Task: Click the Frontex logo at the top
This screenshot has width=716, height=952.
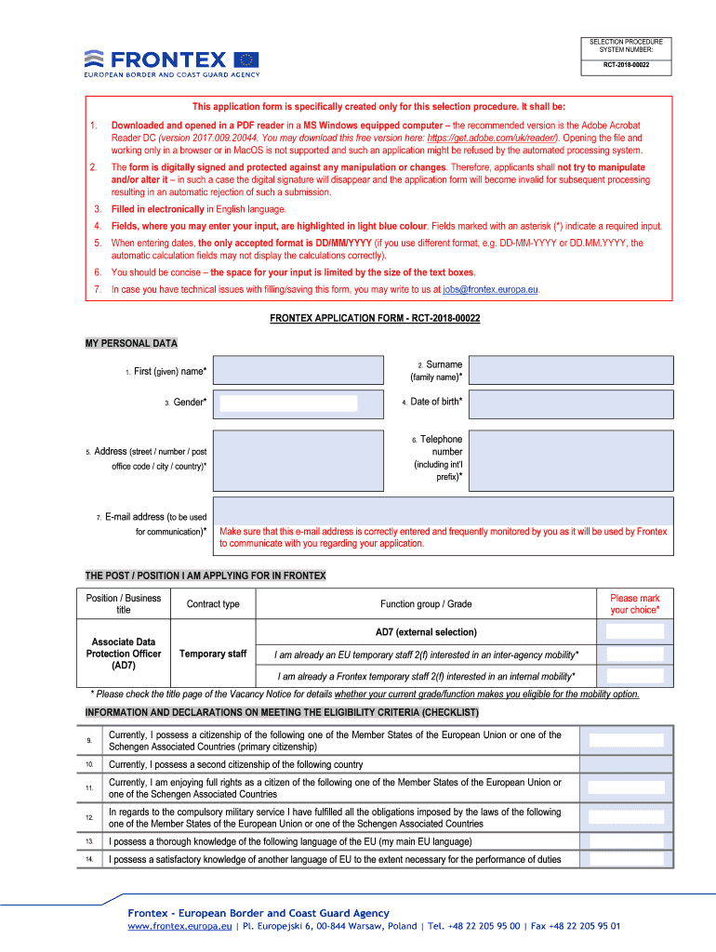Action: pyautogui.click(x=172, y=62)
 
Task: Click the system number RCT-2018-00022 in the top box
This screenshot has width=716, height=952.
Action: pyautogui.click(x=626, y=65)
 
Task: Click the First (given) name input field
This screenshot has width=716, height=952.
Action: pyautogui.click(x=298, y=370)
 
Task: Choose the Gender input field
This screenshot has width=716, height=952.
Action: pyautogui.click(x=288, y=403)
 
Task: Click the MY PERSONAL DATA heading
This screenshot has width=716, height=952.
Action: pyautogui.click(x=131, y=343)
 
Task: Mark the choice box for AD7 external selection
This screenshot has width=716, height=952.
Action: pyautogui.click(x=634, y=632)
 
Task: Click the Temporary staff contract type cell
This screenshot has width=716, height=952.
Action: pyautogui.click(x=213, y=654)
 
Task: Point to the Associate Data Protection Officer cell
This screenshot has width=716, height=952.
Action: pyautogui.click(x=124, y=654)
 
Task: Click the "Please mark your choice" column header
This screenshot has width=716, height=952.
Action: pyautogui.click(x=634, y=603)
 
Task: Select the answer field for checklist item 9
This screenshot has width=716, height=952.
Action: pyautogui.click(x=627, y=741)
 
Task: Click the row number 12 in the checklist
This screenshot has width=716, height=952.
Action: pyautogui.click(x=89, y=818)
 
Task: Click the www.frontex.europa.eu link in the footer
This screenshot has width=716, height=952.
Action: pyautogui.click(x=180, y=926)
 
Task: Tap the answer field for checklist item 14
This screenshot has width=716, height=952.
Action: pyautogui.click(x=627, y=859)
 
